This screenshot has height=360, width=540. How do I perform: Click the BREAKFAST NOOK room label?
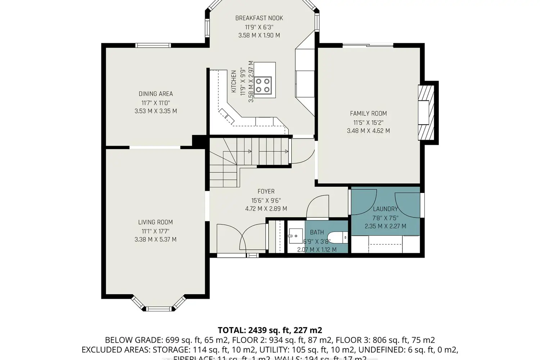(259, 18)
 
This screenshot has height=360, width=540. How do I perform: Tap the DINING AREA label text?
(156, 94)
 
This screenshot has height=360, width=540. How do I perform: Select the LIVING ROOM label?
(156, 222)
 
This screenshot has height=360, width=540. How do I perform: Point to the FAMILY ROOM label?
(368, 113)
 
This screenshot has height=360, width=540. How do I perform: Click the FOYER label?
(266, 192)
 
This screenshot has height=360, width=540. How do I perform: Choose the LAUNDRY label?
(385, 209)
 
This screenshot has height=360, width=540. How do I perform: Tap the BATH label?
(317, 233)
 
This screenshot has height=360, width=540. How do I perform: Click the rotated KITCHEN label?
(234, 81)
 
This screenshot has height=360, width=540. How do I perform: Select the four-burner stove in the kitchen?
(262, 85)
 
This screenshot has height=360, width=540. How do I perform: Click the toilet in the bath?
(338, 237)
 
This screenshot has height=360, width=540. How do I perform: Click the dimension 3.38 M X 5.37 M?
(156, 239)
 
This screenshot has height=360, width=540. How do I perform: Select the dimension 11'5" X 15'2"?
(368, 122)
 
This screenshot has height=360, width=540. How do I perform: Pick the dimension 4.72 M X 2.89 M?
(266, 209)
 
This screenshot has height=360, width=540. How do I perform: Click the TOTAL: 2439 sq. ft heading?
(270, 330)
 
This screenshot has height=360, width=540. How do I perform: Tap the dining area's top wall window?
(153, 45)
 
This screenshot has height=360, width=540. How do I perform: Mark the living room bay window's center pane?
(158, 309)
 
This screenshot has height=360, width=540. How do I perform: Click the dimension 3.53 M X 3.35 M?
(156, 111)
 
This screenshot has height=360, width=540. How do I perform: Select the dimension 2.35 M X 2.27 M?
(385, 226)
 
